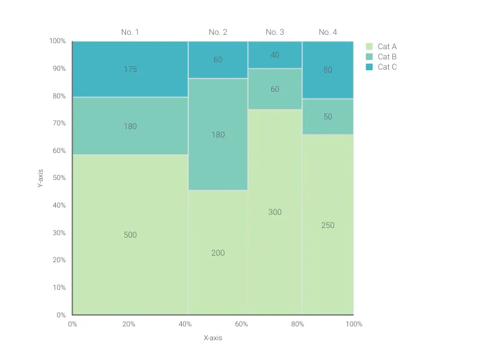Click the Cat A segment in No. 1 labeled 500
pos(130,235)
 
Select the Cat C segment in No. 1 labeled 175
pos(130,69)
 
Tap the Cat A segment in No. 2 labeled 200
pos(218,253)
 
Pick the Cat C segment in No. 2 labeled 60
pos(218,59)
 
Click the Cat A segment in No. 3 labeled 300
pos(275,212)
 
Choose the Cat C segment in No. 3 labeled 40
pos(275,55)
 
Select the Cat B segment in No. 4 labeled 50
pos(328,116)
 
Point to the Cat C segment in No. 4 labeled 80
pos(328,70)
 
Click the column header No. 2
pos(218,32)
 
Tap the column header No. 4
pos(328,32)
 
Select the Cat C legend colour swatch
pos(370,67)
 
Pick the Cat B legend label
pos(387,56)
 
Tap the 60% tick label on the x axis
pos(241,324)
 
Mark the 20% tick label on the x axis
pos(128,324)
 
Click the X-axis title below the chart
pos(212,338)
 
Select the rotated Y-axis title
pos(40,178)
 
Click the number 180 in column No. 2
pos(218,134)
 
